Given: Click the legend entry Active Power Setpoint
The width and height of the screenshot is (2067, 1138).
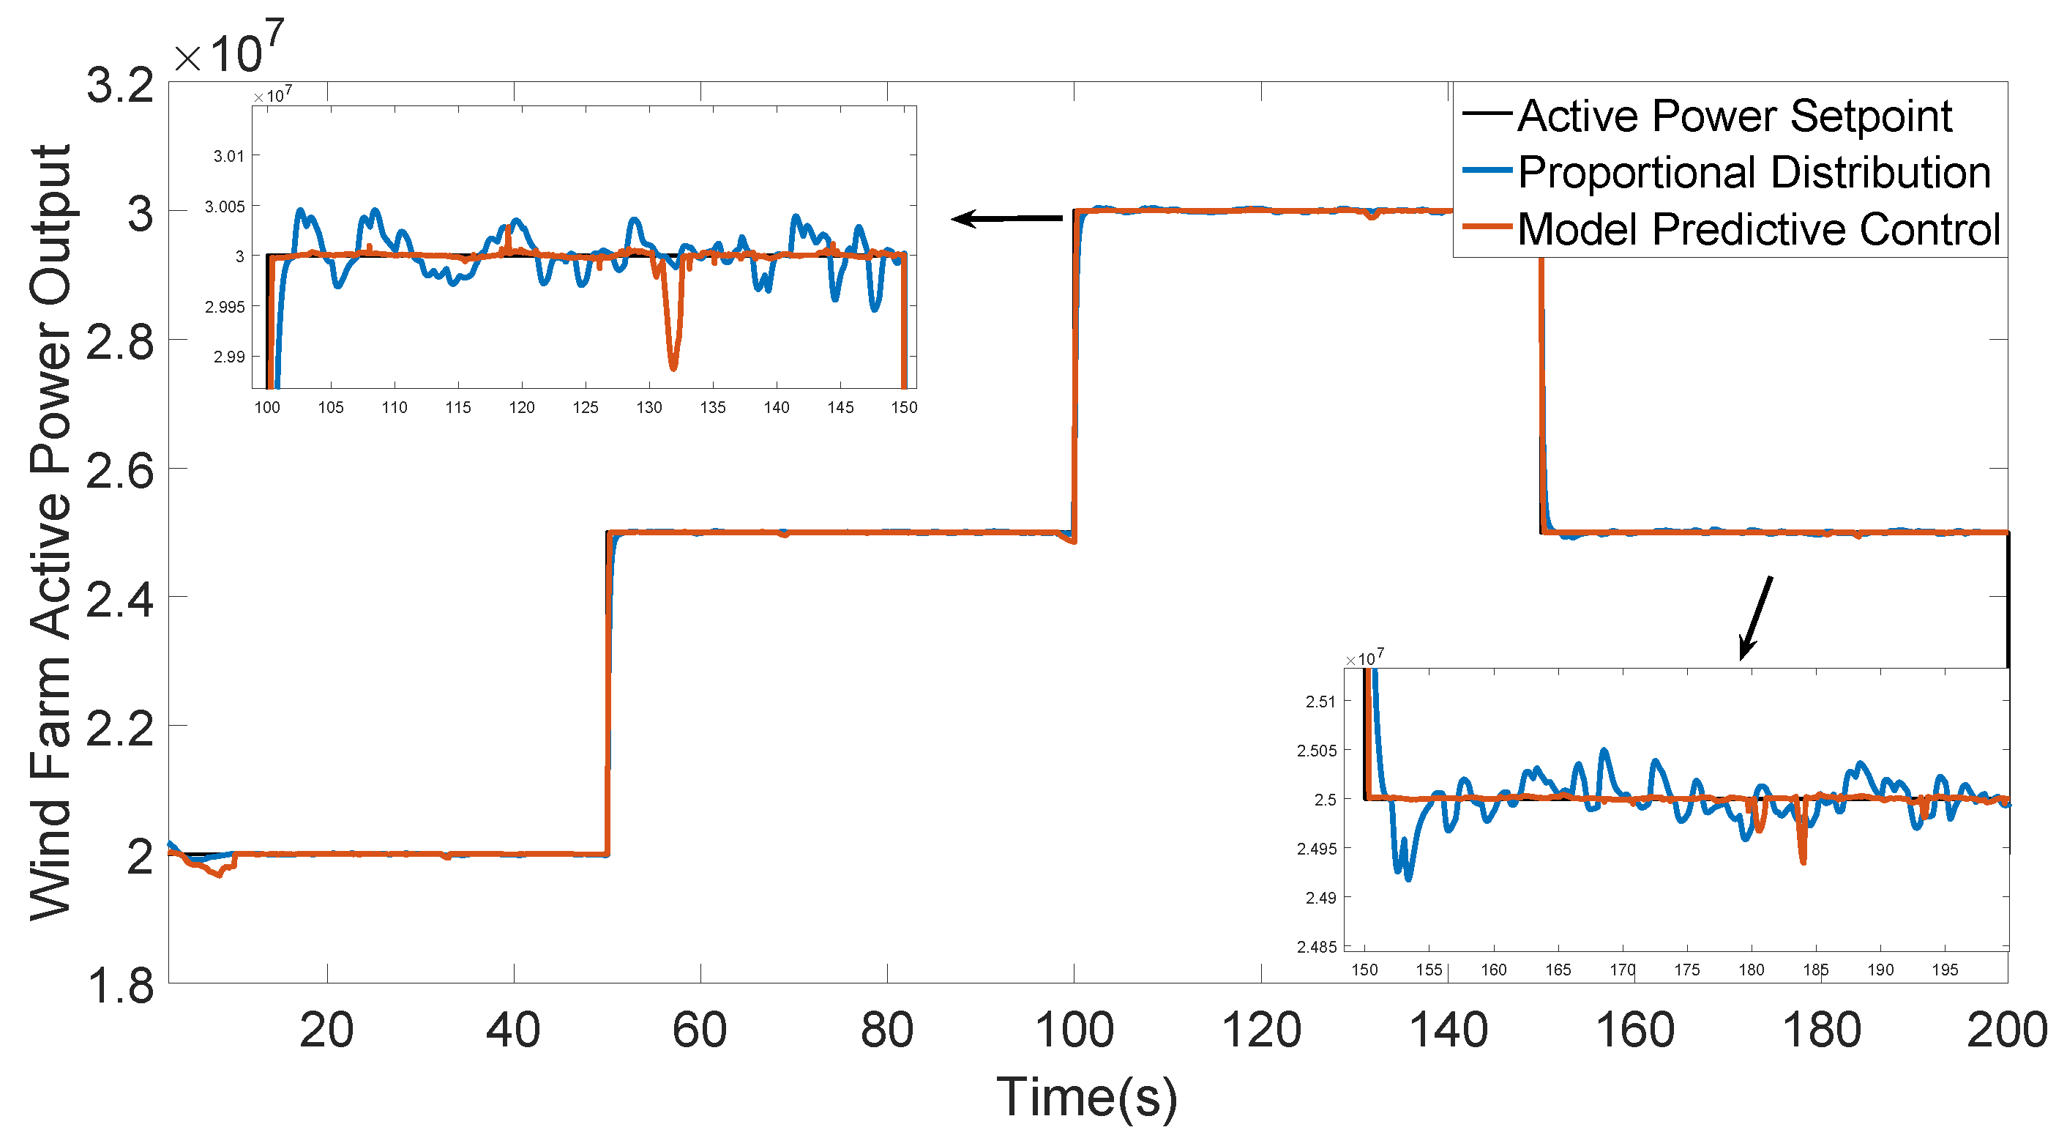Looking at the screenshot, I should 1733,116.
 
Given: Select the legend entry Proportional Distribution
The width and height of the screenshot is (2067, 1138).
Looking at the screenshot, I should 1753,173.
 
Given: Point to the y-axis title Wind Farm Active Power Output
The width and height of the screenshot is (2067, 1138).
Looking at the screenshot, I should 50,533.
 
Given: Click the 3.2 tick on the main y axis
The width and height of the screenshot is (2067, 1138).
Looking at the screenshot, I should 120,85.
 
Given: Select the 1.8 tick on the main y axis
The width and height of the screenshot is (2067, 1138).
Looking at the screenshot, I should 120,986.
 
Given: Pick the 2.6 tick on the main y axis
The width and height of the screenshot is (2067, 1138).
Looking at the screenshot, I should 120,471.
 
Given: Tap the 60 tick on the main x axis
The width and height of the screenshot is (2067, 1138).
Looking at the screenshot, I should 700,1030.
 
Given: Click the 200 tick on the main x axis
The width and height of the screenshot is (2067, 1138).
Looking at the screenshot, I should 2006,1030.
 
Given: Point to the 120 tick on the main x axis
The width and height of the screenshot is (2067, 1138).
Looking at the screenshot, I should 1260,1030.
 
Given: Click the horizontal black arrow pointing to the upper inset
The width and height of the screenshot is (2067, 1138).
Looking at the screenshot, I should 1006,218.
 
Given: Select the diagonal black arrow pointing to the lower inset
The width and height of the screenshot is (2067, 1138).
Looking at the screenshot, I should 1756,617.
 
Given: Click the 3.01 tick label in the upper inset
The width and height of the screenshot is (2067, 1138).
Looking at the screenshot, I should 228,156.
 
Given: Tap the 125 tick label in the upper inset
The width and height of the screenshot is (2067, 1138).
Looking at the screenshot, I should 585,408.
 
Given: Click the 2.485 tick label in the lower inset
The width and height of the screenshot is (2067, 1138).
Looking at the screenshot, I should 1317,947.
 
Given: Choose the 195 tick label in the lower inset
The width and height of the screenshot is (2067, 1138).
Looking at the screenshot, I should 1944,970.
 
